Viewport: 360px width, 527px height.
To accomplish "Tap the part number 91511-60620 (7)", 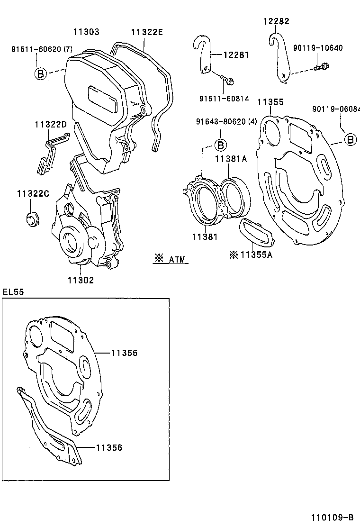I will pos(42,49).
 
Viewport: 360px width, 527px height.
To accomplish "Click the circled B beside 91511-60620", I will pos(41,73).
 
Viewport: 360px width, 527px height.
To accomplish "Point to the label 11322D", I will pos(50,124).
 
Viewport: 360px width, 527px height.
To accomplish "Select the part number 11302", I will pos(81,280).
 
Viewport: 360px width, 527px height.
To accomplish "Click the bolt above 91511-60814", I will pos(229,82).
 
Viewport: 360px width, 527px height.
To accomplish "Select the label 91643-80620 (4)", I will pos(226,122).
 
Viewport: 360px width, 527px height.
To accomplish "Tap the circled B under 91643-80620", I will pos(220,145).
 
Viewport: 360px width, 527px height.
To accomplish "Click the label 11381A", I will pos(231,159).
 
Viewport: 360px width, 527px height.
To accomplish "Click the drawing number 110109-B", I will pos(332,517).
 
